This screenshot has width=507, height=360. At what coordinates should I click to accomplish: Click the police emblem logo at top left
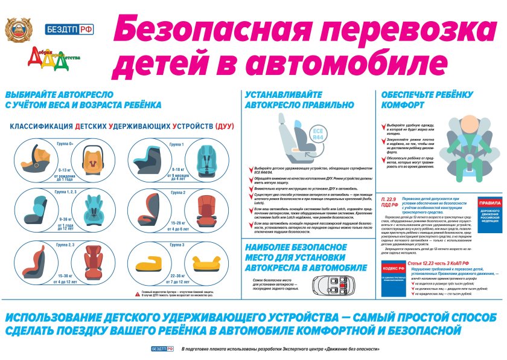click(18, 29)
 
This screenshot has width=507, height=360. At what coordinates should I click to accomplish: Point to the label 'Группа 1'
click(176, 144)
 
